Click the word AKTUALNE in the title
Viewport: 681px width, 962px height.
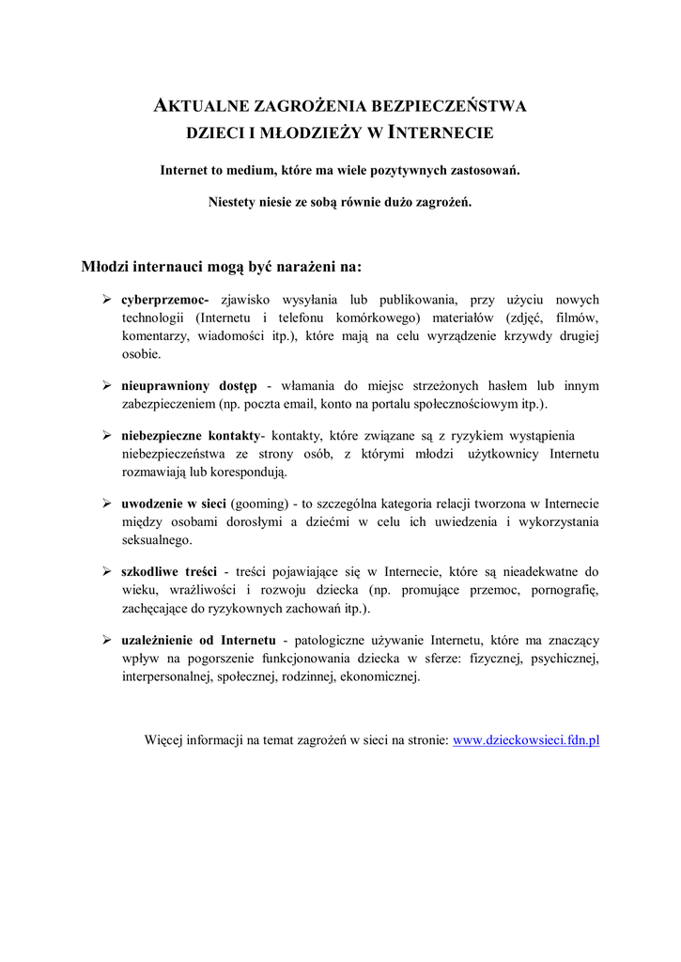coord(195,106)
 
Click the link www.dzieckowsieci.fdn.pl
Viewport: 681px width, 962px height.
coord(526,740)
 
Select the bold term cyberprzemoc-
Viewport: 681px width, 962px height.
coord(164,300)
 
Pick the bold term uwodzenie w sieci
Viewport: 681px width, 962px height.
coord(174,504)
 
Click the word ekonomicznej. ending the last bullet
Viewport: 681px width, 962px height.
coord(379,675)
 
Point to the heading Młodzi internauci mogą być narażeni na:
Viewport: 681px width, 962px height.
coord(221,267)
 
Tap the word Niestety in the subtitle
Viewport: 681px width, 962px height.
coord(230,202)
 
